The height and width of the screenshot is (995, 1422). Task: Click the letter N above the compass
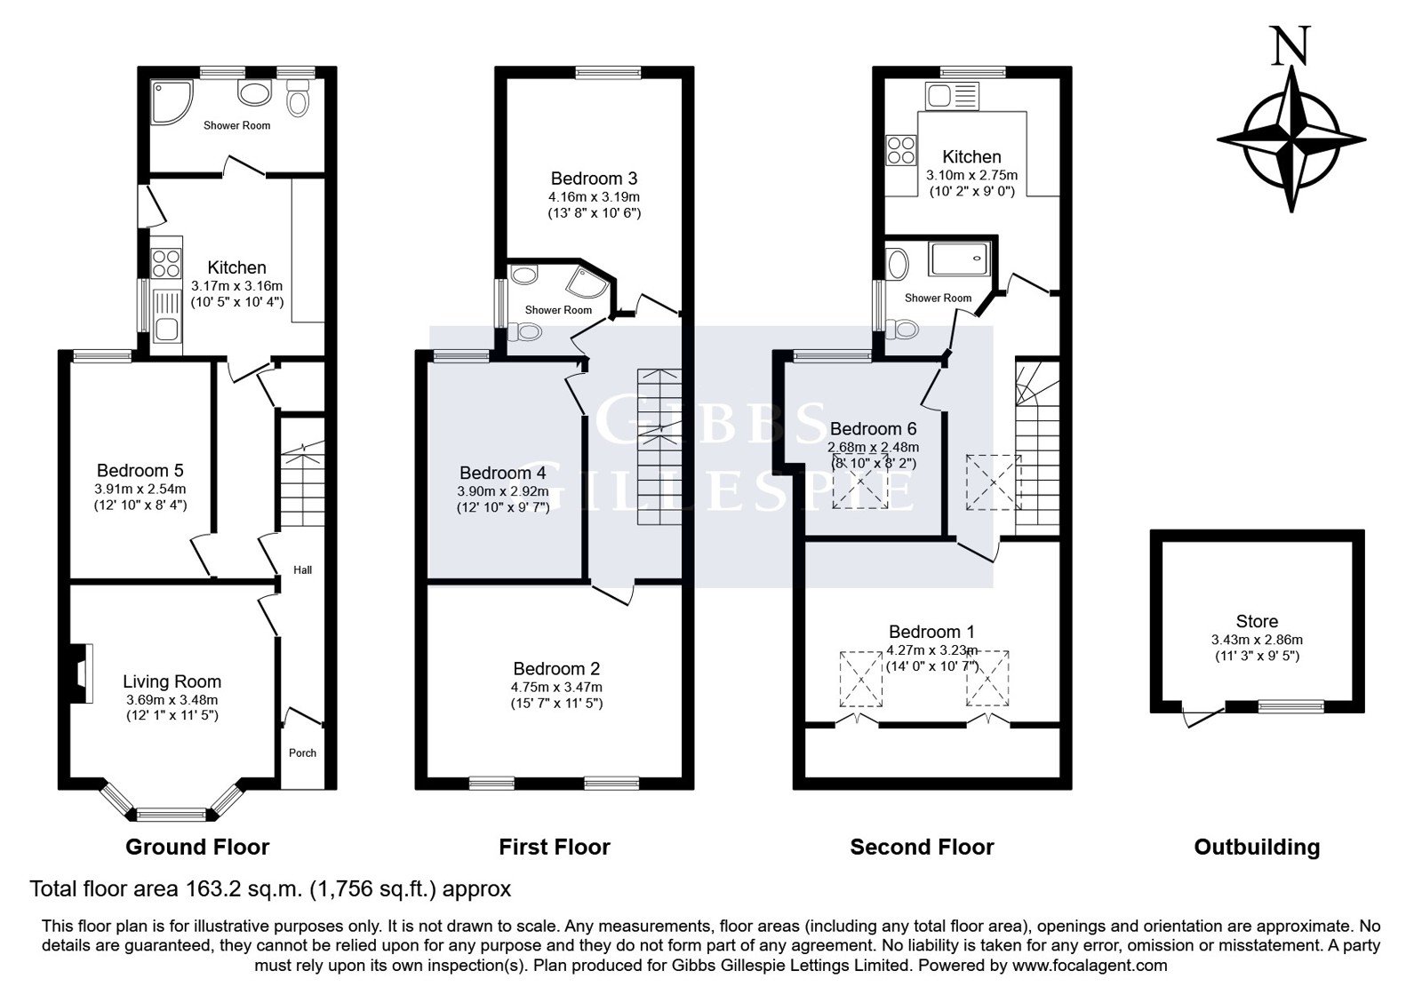(x=1290, y=45)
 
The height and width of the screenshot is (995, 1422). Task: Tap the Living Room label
(x=172, y=681)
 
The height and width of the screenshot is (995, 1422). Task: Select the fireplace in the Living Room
(x=81, y=673)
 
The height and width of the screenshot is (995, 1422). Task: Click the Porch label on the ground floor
(x=302, y=752)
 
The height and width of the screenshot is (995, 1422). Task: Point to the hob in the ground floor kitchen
(x=166, y=263)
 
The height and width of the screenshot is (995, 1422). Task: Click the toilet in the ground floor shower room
(x=298, y=97)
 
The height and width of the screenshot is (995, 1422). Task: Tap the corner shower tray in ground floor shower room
(x=172, y=101)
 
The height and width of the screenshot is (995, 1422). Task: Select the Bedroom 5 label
(x=140, y=470)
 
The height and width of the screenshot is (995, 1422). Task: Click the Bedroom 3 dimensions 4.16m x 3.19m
(x=595, y=196)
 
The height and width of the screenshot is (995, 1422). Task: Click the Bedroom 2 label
(x=556, y=668)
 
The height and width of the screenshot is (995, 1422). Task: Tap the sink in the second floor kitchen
(x=952, y=97)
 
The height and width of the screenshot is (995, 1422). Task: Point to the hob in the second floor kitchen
(x=901, y=150)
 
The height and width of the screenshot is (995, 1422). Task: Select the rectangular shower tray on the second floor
(x=959, y=259)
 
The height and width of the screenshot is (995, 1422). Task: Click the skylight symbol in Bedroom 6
(x=860, y=481)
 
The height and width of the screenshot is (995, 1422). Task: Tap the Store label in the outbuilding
(x=1257, y=621)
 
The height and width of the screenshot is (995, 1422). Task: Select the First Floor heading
(x=555, y=847)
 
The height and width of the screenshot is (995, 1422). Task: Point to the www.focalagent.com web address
(x=1090, y=965)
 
